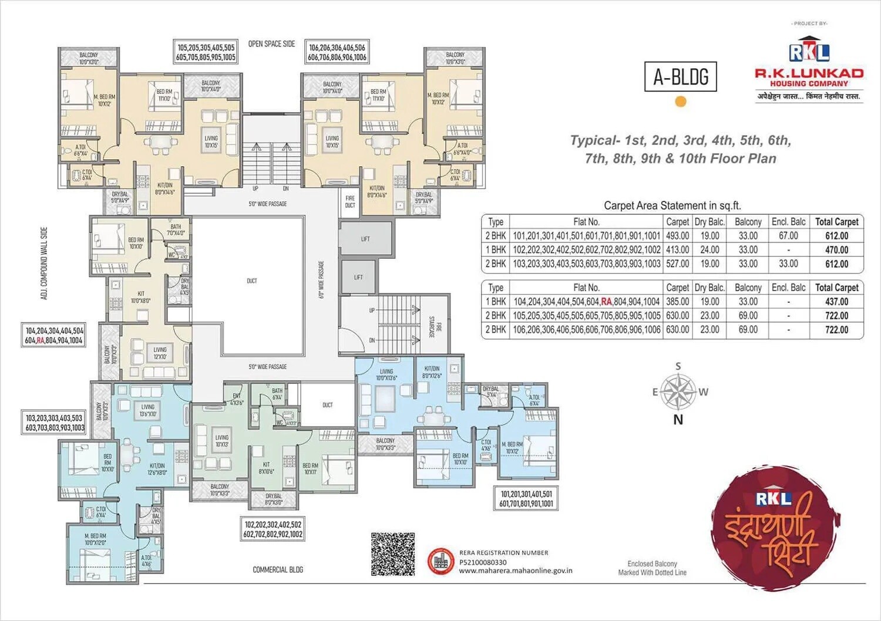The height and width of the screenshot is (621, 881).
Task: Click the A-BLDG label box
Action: [681, 77]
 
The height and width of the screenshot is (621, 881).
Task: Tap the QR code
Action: [393, 554]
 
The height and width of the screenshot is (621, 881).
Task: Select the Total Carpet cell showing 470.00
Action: [836, 250]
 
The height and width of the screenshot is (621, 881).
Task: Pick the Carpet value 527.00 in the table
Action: [677, 264]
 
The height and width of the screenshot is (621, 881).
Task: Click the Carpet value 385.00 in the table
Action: [677, 302]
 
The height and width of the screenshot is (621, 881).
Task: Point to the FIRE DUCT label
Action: [350, 202]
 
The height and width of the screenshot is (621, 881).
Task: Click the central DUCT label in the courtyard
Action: [252, 281]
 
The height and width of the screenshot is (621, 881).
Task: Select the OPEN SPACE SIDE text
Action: [271, 44]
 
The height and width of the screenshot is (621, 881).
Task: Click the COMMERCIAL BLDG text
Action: [278, 569]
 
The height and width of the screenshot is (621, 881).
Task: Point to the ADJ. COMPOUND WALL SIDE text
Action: [44, 264]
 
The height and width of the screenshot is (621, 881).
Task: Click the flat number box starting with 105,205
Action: [206, 52]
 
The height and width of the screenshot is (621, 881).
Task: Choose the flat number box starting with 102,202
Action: [273, 529]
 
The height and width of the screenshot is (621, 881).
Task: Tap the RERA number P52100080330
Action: [483, 562]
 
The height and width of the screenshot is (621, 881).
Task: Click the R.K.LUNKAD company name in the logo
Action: [809, 73]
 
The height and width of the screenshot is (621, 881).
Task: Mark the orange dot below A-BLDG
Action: [681, 102]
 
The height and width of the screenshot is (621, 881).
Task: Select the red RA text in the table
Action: [607, 302]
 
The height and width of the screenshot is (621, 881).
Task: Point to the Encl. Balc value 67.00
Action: [788, 236]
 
